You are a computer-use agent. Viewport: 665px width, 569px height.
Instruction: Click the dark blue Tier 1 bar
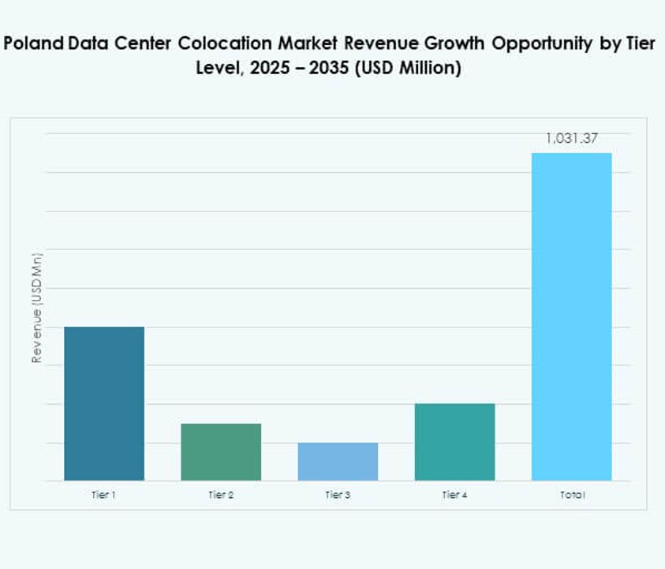[x=104, y=403]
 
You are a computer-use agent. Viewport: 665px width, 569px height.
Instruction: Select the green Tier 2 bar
[x=221, y=452]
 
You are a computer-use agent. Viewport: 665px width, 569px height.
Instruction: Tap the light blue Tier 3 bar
[x=338, y=462]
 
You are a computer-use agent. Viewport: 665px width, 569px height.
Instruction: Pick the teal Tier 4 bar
[x=454, y=442]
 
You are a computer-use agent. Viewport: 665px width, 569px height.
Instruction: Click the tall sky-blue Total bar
[x=571, y=316]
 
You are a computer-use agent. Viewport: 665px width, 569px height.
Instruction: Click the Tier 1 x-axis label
[x=104, y=495]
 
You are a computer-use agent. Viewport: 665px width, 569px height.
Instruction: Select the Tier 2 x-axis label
[x=221, y=495]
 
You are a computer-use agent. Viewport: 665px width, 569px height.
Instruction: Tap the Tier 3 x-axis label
[x=338, y=495]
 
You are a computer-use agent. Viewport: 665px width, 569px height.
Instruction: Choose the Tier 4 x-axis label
[x=454, y=495]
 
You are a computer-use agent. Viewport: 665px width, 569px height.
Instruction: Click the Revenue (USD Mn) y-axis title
[x=36, y=309]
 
